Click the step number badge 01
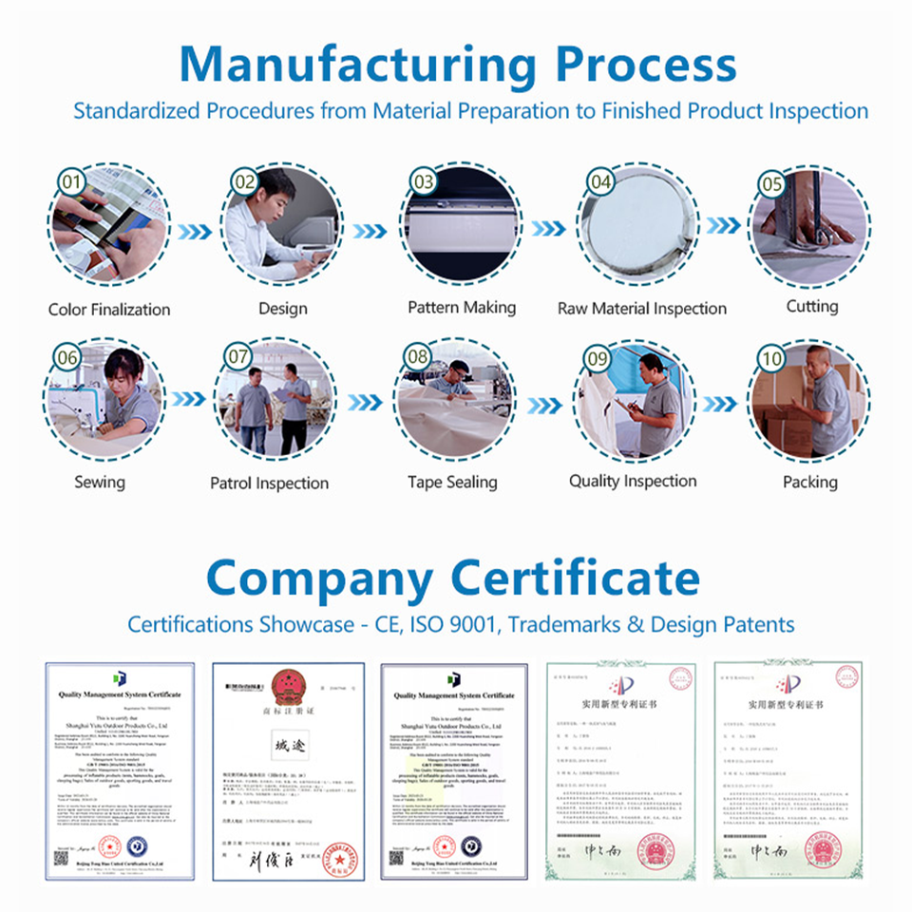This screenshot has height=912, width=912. click(x=68, y=180)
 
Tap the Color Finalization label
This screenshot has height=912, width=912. click(x=109, y=310)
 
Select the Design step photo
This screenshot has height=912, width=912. click(x=282, y=228)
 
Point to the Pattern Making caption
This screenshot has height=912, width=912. click(x=462, y=308)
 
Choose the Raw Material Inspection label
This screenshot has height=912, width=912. click(x=642, y=309)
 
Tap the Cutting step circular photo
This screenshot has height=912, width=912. click(x=810, y=228)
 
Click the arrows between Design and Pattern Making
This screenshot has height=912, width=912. click(x=370, y=231)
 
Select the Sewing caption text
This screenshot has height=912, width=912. click(x=100, y=482)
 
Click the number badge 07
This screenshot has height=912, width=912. click(x=237, y=357)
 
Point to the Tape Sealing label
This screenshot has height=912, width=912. click(x=452, y=483)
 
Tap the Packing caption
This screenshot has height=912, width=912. click(x=810, y=483)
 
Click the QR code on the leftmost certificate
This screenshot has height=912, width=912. click(x=62, y=856)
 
